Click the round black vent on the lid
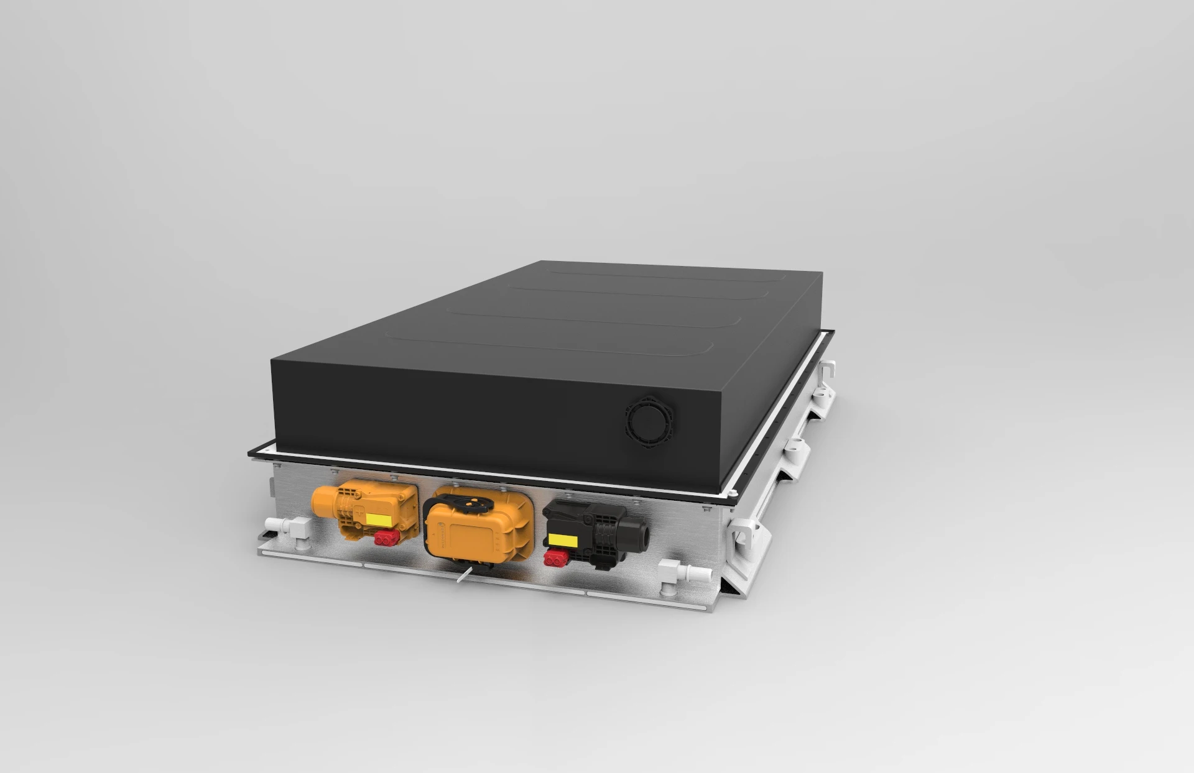pos(649,420)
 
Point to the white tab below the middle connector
pos(464,576)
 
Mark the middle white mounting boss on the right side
pos(795,447)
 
